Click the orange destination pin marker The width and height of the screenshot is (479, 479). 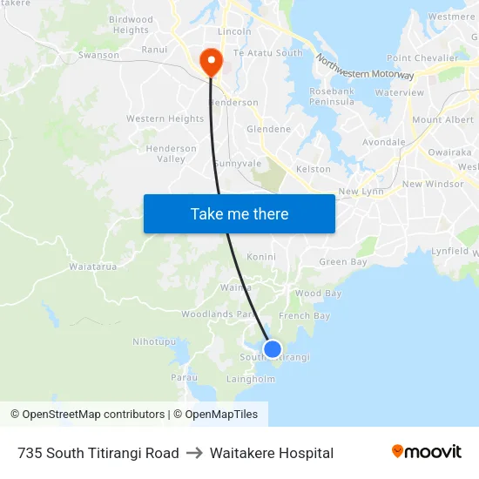[210, 61]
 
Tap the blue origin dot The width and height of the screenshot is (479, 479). [273, 349]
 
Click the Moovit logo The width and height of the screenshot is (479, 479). [427, 452]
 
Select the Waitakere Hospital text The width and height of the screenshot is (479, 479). [272, 453]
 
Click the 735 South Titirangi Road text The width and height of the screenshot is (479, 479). [98, 453]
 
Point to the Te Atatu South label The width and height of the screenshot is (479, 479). [268, 53]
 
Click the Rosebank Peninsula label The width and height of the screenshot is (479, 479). [332, 96]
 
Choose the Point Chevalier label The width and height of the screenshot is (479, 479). [422, 57]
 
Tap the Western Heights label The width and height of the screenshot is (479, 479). [165, 118]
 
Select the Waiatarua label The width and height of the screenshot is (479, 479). [92, 266]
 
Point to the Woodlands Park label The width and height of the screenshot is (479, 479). [219, 314]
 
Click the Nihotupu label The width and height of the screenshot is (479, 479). [153, 341]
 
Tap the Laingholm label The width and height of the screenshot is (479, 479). [251, 379]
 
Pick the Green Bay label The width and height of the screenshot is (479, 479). [343, 262]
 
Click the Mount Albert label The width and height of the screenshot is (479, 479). [442, 120]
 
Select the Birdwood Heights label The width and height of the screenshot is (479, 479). [131, 24]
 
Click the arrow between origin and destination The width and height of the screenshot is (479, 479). [194, 453]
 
